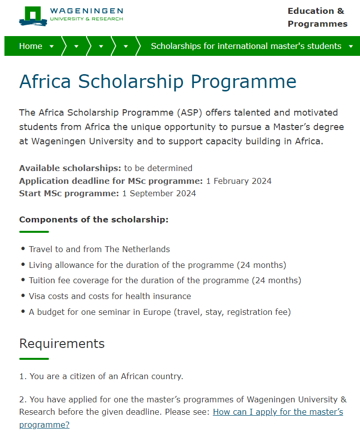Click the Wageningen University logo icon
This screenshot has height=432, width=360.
(33, 16)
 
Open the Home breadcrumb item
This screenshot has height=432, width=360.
(31, 46)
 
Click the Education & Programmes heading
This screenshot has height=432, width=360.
(317, 17)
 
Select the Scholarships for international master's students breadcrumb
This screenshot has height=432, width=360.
(246, 46)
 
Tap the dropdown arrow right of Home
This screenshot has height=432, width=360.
(52, 46)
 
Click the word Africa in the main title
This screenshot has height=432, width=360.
(45, 82)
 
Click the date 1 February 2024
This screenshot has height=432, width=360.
(239, 181)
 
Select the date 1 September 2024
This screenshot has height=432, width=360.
(159, 193)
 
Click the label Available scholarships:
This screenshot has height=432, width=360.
(70, 168)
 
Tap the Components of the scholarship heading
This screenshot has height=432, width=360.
(93, 219)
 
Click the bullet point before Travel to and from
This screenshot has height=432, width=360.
(23, 249)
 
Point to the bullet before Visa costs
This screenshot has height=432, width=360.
(23, 296)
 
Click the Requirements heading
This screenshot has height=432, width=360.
(62, 344)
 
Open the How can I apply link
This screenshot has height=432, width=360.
(277, 412)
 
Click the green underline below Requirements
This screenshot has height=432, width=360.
(34, 358)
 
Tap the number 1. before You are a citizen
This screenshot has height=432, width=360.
(23, 376)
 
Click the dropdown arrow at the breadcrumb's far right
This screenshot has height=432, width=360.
(351, 46)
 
